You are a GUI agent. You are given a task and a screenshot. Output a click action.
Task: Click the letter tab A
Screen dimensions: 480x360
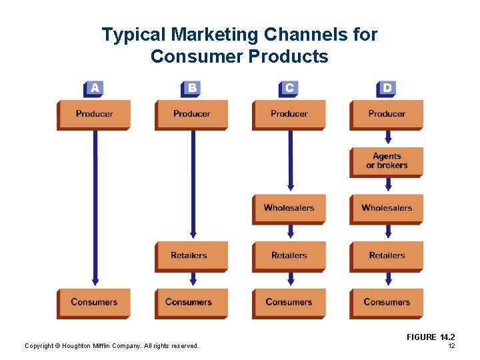point(95,89)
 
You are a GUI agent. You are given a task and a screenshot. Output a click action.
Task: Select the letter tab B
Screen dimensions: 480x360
point(191,89)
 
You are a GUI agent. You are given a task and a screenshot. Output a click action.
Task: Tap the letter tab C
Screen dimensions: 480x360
point(289,89)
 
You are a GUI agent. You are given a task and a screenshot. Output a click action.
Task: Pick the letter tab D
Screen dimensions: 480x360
point(387,89)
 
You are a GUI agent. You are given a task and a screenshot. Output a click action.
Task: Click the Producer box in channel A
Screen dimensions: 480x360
point(94,114)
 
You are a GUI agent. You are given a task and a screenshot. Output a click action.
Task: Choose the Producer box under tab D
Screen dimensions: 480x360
point(387,114)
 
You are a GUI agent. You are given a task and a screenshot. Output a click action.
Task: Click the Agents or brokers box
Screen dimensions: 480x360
point(387,161)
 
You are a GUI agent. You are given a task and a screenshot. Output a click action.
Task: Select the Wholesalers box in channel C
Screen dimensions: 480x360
point(289,208)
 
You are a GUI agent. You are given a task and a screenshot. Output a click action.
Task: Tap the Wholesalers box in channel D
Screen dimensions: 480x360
point(387,208)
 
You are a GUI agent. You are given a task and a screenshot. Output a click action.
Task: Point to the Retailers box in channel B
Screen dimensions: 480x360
point(191,255)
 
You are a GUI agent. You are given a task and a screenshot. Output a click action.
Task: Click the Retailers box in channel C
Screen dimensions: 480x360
point(289,255)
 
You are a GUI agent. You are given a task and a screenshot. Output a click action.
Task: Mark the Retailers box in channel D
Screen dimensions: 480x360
point(387,255)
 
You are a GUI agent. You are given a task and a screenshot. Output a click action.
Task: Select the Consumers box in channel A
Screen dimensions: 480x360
point(94,303)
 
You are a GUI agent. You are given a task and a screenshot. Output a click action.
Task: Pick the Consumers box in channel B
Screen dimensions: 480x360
point(191,303)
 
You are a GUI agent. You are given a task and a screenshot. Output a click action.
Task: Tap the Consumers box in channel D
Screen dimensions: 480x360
point(387,303)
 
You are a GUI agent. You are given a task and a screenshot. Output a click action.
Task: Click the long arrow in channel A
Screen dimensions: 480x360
point(95,207)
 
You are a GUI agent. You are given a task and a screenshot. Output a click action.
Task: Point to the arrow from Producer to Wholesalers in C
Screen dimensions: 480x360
point(291,160)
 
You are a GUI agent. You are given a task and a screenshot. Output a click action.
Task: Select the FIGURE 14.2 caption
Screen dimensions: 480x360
point(431,337)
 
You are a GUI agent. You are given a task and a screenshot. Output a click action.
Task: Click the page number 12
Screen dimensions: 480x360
point(451,346)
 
